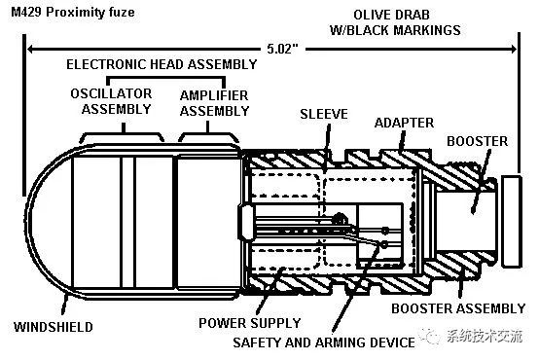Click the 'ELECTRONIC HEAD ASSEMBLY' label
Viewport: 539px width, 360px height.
(162, 64)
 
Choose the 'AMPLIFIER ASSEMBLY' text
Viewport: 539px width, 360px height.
(214, 101)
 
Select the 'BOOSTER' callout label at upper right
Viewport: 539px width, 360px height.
(477, 141)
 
